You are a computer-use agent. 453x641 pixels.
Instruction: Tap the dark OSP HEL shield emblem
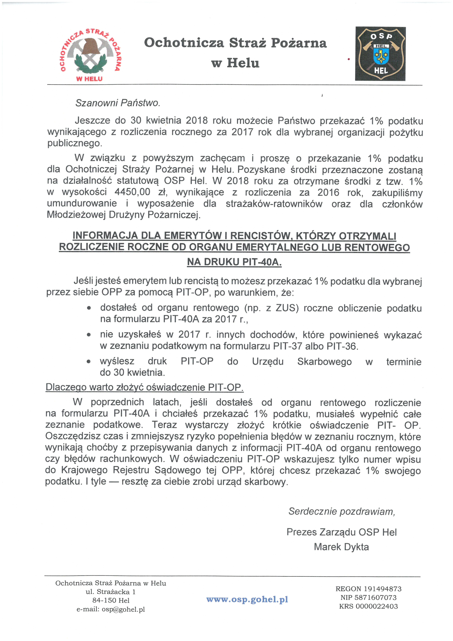380,54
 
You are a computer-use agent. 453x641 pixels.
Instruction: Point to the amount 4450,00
132,192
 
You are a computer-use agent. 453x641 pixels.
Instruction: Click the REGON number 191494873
383,589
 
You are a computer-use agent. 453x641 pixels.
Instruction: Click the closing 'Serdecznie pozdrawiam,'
342,511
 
